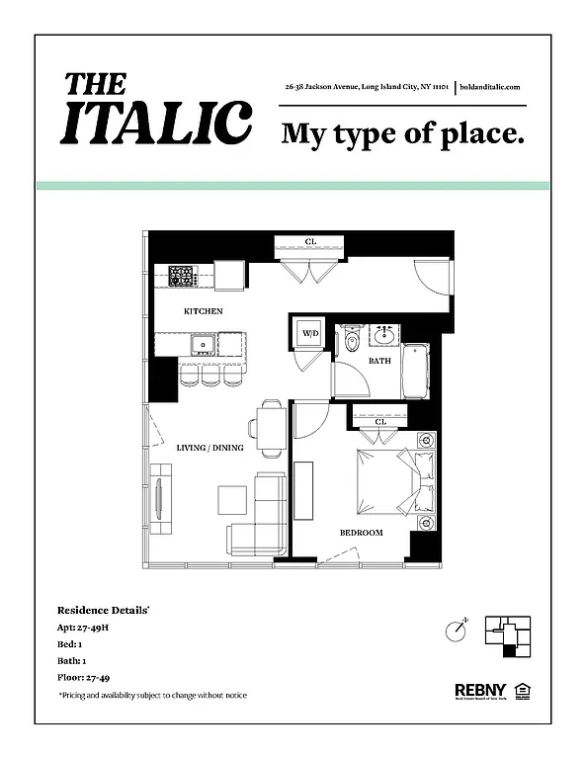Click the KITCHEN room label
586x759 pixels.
(x=204, y=311)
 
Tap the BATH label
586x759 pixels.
(x=380, y=361)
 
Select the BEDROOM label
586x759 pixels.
(x=361, y=533)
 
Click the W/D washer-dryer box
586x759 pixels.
(x=309, y=334)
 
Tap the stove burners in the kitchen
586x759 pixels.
(x=183, y=275)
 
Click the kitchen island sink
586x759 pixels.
(x=205, y=345)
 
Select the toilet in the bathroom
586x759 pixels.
(x=352, y=343)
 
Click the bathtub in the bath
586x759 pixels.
(x=417, y=372)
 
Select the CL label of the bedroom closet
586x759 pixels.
(x=381, y=422)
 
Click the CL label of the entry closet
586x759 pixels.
(x=310, y=241)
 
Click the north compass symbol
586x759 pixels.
(x=455, y=628)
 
